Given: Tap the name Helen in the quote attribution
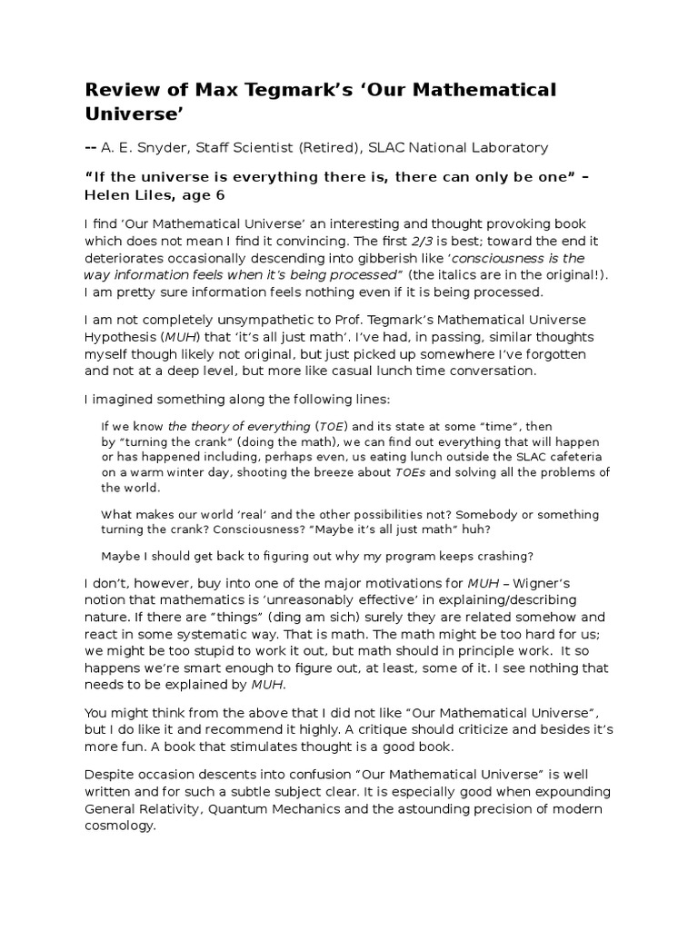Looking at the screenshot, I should pyautogui.click(x=107, y=194).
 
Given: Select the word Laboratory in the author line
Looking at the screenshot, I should pyautogui.click(x=510, y=147).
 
